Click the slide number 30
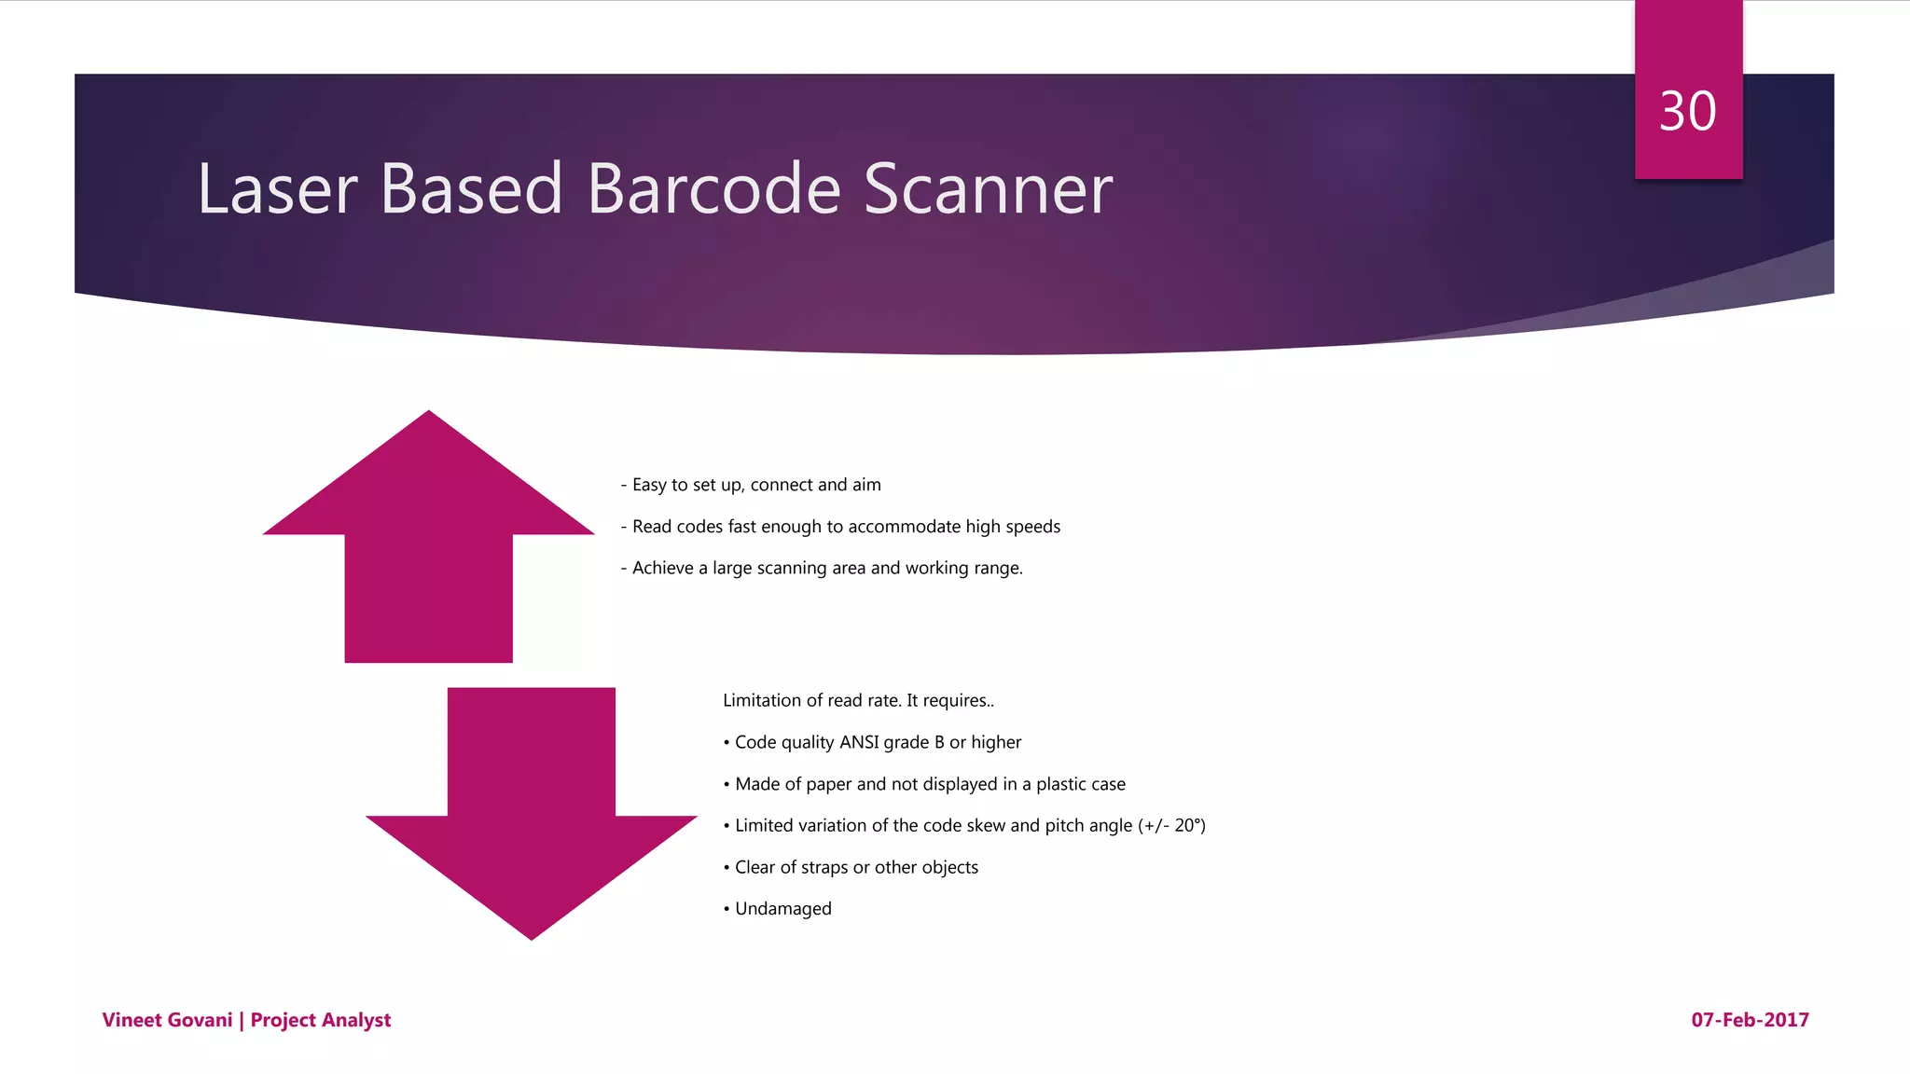pos(1687,112)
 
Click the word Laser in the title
pos(277,189)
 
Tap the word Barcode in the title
pos(713,189)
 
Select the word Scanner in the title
pos(988,189)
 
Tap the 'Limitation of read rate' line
pos(858,701)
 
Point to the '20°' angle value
pos(1187,825)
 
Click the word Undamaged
pos(782,909)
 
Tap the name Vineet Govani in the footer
pos(167,1020)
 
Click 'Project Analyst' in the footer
pos(321,1020)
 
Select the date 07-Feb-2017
pos(1750,1020)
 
